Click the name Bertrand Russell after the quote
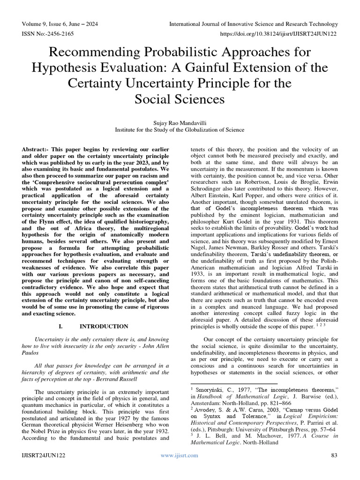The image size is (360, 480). pyautogui.click(x=118, y=379)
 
